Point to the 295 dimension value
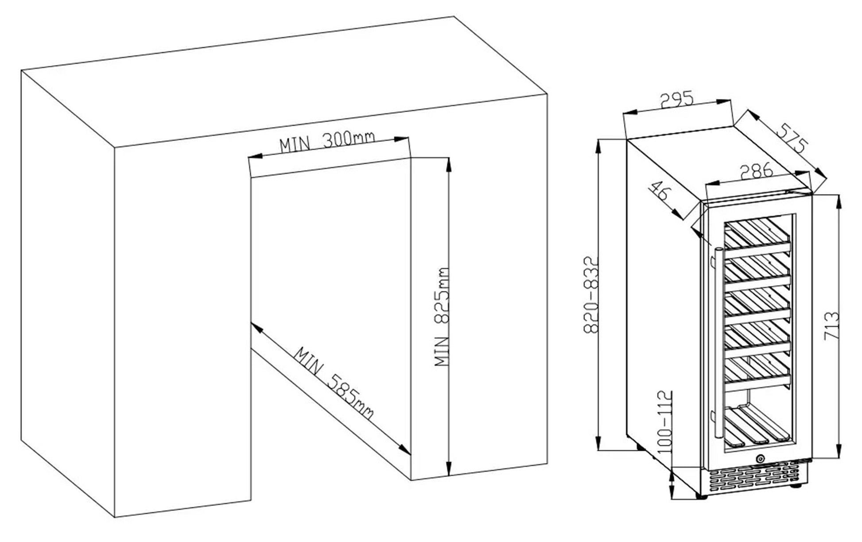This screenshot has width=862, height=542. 676,100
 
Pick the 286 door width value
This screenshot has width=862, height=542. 756,170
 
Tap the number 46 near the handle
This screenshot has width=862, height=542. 660,191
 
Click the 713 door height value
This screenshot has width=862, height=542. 831,326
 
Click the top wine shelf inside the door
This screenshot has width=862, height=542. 757,237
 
